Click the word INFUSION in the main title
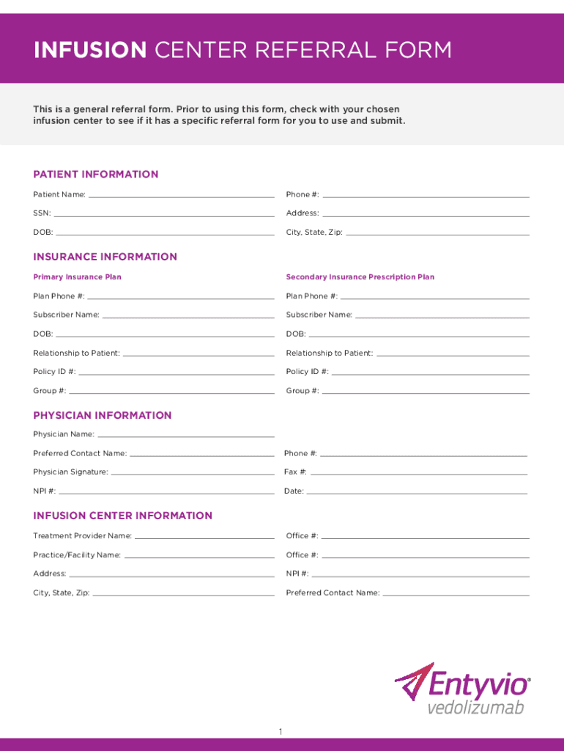(89, 50)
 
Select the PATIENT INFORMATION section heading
(95, 175)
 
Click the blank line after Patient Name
(181, 196)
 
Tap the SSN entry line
(164, 215)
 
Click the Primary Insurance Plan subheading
(77, 277)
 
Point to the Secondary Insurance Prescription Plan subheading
(360, 277)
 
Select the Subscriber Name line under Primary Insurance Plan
(188, 317)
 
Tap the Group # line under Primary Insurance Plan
(171, 392)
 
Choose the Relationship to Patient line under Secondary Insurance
(452, 355)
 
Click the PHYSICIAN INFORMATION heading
(102, 415)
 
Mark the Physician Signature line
(193, 474)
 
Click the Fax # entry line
(418, 474)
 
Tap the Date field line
(416, 493)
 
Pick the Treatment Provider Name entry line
(204, 538)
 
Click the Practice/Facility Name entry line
(198, 557)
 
